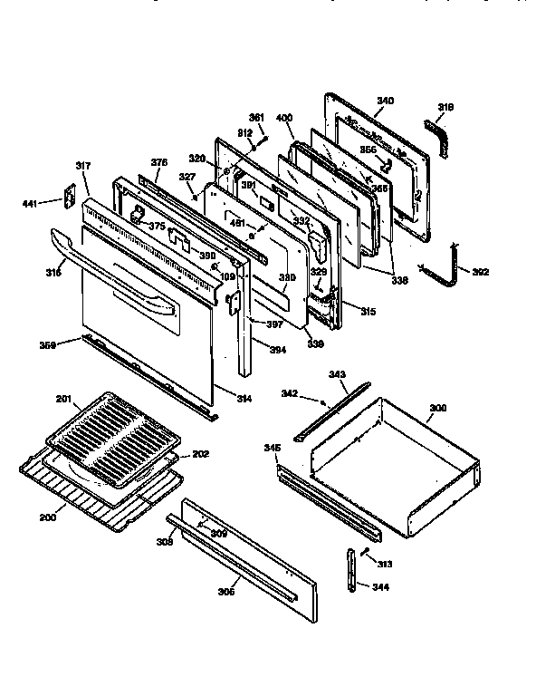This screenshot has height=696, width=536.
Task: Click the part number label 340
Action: [385, 100]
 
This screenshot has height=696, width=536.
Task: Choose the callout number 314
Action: [244, 399]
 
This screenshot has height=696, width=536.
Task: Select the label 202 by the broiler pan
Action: [200, 453]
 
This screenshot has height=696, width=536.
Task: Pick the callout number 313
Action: [385, 564]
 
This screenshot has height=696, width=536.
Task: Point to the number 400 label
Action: [283, 119]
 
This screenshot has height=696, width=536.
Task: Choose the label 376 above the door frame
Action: [159, 163]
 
